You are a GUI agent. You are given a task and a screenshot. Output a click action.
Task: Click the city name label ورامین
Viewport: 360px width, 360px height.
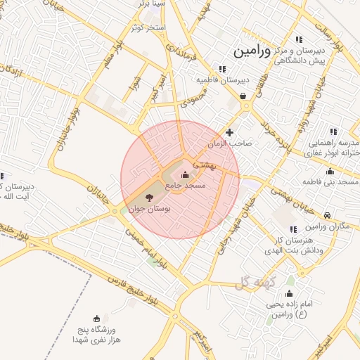[251, 51]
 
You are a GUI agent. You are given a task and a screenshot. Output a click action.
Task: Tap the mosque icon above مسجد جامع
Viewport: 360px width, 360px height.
[185, 175]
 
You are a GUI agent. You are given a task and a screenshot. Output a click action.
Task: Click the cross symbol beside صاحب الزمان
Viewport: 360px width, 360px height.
[229, 132]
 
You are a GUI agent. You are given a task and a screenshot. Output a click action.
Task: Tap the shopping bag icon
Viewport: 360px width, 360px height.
[243, 96]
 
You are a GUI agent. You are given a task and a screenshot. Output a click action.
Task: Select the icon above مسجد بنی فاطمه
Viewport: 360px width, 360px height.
[330, 172]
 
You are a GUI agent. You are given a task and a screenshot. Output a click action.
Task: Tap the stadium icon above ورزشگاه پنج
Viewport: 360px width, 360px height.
[96, 319]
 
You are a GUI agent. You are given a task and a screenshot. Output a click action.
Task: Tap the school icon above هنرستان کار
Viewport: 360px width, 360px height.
[293, 229]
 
